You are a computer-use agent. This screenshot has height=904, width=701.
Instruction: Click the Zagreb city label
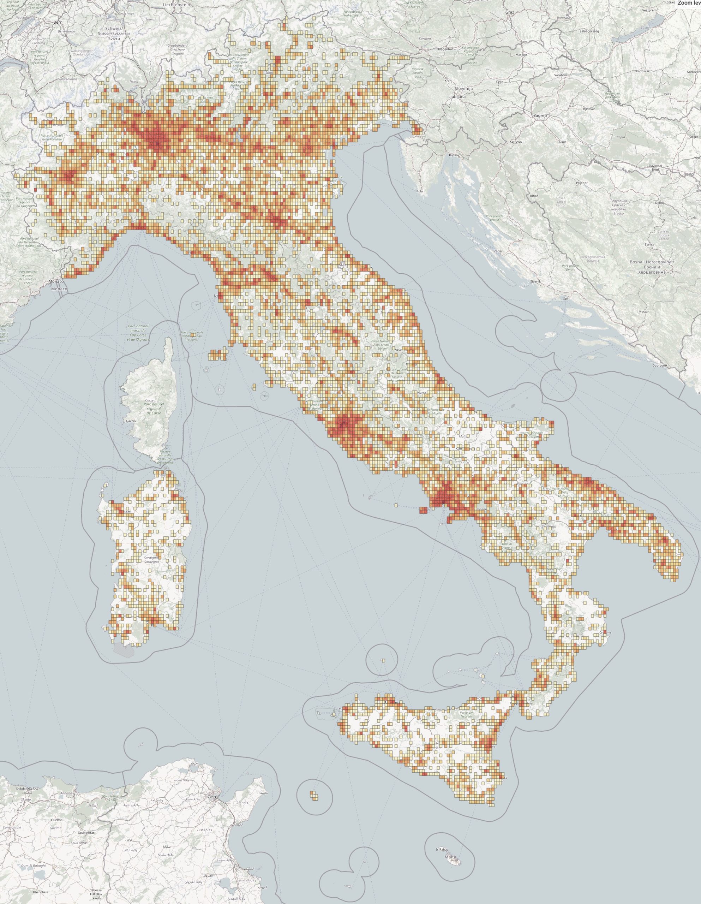click(x=540, y=115)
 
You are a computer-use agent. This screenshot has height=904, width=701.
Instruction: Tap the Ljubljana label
click(x=457, y=96)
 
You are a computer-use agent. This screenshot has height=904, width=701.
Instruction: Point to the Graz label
click(x=509, y=13)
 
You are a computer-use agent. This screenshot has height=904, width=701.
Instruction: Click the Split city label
click(x=567, y=298)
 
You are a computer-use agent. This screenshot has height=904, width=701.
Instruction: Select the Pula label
click(x=420, y=191)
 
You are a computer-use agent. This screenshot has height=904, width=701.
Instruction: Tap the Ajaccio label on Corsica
click(x=130, y=421)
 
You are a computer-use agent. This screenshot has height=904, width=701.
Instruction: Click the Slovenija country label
click(x=463, y=89)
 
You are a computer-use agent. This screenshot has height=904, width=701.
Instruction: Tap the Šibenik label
click(x=535, y=281)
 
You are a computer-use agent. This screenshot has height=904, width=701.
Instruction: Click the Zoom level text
click(x=689, y=3)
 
